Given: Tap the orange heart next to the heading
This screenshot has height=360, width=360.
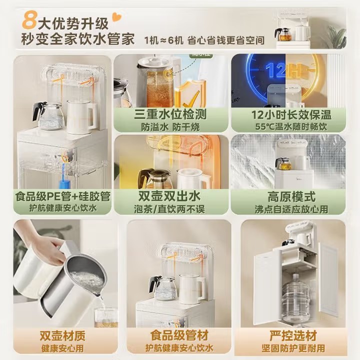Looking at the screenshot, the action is [117, 17].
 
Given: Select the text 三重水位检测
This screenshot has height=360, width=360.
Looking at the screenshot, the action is [170, 114].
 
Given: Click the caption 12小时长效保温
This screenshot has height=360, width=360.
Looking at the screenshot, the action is [291, 114].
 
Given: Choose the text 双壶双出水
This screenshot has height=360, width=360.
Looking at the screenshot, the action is [169, 196].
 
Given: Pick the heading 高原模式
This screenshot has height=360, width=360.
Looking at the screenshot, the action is [291, 196].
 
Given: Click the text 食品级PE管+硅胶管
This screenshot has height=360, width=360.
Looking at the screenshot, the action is [63, 196].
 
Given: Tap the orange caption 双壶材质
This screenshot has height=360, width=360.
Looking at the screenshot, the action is [62, 336].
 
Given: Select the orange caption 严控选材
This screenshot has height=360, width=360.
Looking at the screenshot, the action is [293, 336].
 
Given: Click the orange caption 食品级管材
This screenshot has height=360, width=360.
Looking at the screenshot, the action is [179, 335].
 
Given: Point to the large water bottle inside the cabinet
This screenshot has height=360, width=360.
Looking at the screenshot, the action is [295, 298].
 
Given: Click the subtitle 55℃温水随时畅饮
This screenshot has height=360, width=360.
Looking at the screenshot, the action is [291, 126].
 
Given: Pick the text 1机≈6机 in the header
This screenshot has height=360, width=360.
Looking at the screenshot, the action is [163, 40].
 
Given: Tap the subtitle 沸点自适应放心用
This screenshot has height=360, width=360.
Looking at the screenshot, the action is [291, 209].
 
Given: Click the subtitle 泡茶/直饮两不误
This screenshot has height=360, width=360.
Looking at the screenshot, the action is [169, 209].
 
